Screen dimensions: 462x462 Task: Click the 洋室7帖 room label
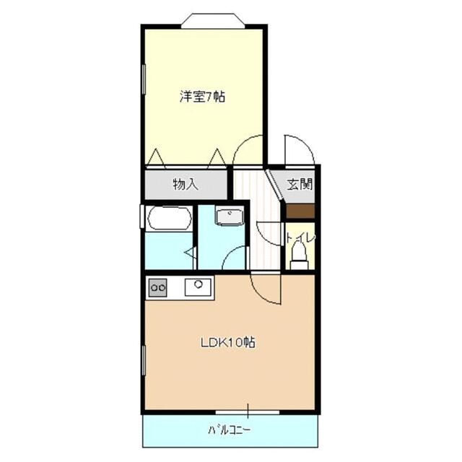tap(202, 96)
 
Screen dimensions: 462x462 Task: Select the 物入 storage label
tap(186, 184)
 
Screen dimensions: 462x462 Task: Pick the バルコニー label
tap(230, 431)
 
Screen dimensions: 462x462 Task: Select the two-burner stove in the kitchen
tap(158, 288)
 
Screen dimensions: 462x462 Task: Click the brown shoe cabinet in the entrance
tap(300, 211)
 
